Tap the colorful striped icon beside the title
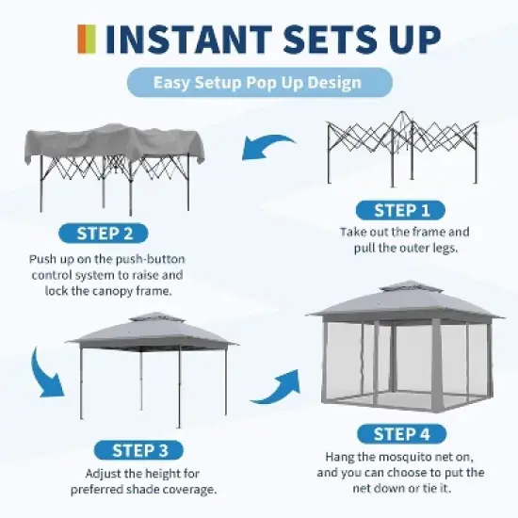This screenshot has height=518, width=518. coord(86,39)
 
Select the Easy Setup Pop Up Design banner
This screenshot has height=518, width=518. coord(257,83)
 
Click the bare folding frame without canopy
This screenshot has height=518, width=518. coord(402,151)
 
